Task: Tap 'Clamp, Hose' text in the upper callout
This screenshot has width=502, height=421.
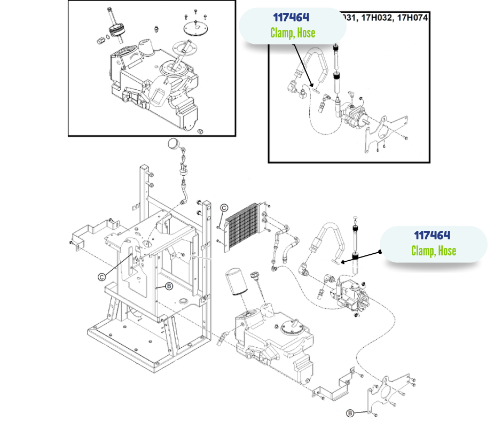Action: pos(292,33)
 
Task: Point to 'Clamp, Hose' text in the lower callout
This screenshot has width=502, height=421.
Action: pos(433,250)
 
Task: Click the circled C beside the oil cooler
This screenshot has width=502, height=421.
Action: pos(224,208)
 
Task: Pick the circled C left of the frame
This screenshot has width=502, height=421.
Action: pos(101,277)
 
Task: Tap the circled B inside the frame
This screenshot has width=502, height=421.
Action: pos(169,286)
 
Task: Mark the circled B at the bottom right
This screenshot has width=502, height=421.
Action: pos(350,412)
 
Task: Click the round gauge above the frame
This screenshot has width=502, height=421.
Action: pos(174,143)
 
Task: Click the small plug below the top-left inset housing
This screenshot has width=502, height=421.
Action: pos(201,131)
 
